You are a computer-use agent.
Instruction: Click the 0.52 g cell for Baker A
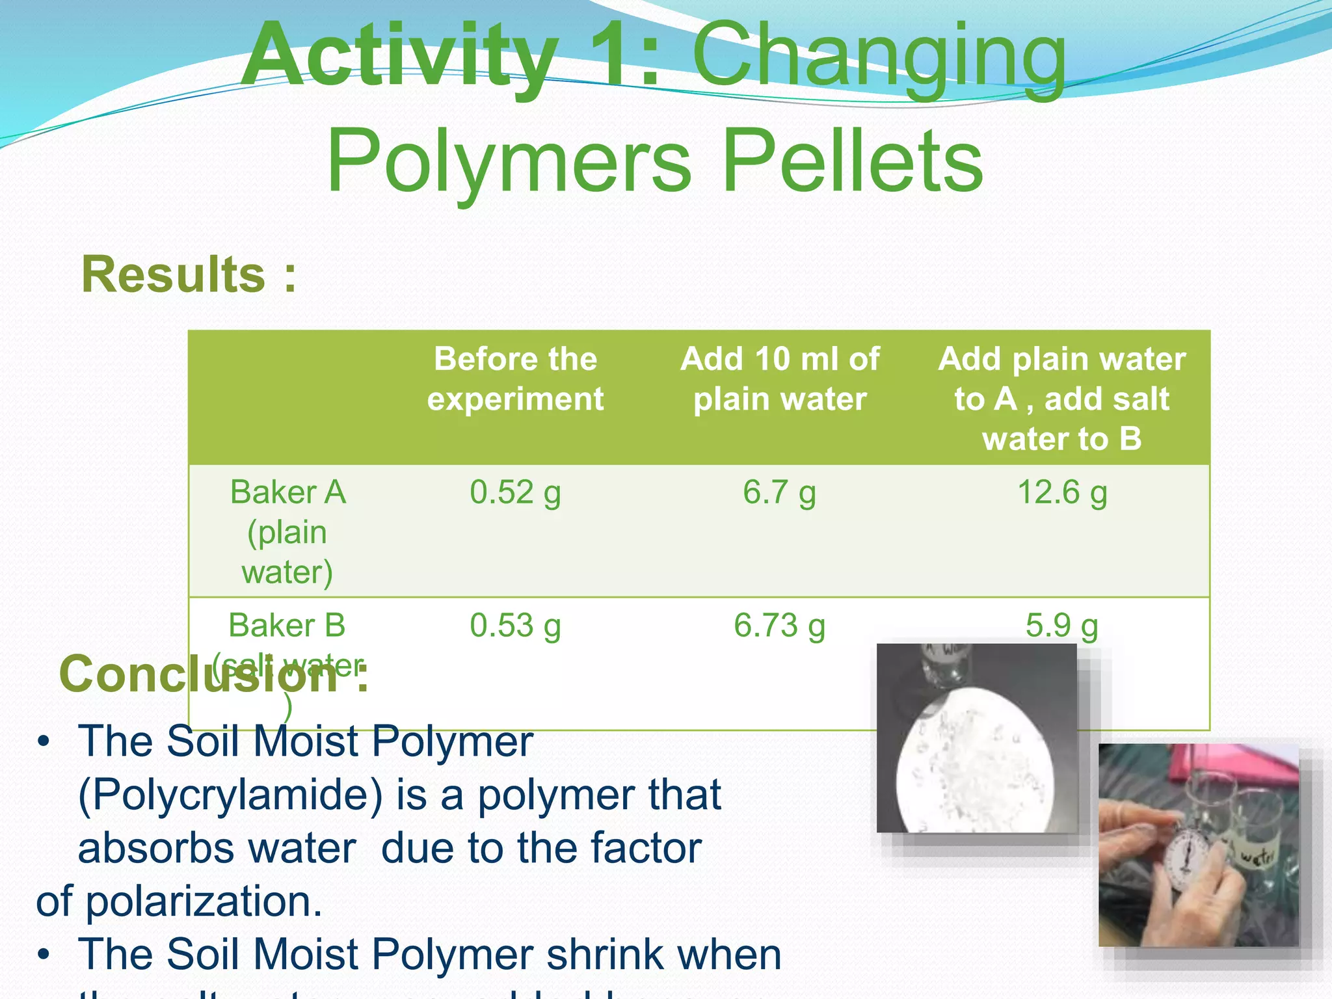pos(515,492)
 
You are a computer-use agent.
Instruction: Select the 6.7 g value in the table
pos(779,492)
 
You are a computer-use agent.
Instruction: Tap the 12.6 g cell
pos(1061,492)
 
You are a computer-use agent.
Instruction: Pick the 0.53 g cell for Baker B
pos(515,626)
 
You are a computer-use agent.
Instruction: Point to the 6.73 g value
pos(779,626)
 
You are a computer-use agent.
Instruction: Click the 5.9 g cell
pos(1061,626)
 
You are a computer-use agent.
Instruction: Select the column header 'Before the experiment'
pos(515,379)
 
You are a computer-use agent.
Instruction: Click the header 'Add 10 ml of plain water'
pos(779,379)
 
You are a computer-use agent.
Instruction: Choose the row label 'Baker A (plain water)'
pos(287,532)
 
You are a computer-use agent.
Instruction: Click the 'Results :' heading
pos(189,274)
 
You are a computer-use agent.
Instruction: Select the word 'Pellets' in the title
pos(852,161)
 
